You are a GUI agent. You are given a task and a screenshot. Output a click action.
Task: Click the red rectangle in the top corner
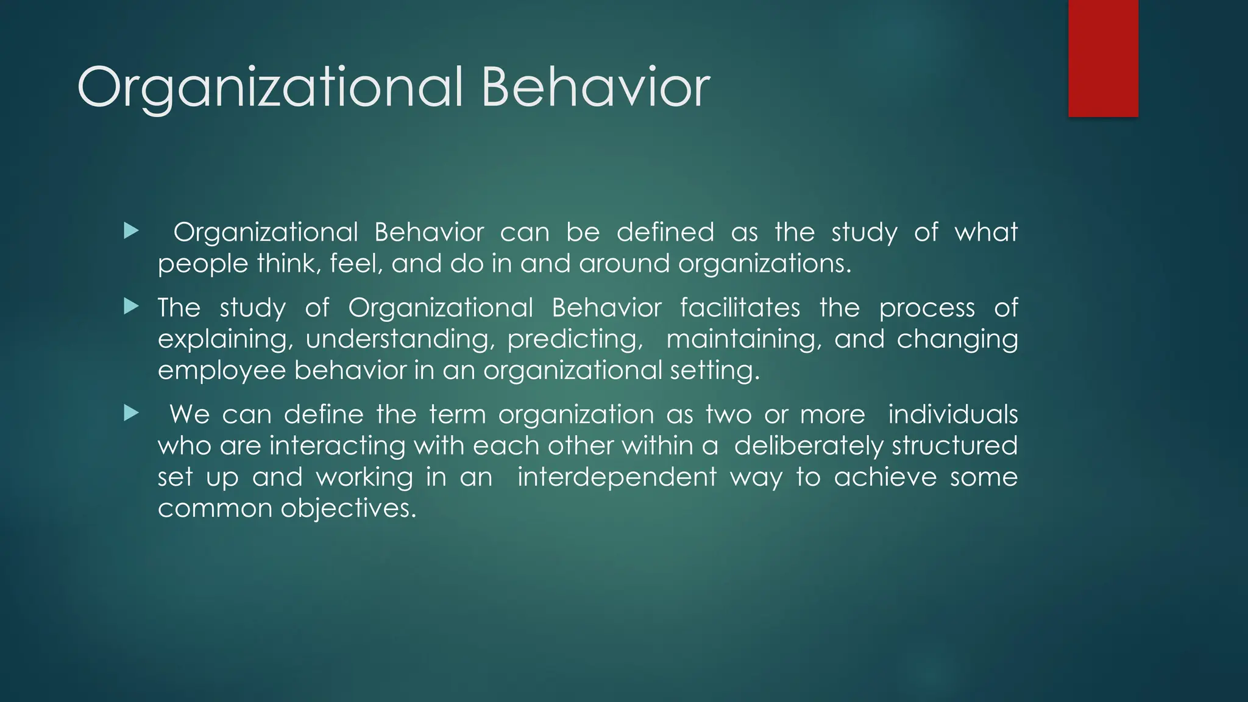click(x=1103, y=58)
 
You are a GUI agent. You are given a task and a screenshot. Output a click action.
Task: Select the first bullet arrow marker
click(x=131, y=231)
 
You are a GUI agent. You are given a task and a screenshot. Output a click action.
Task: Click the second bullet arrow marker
click(x=131, y=306)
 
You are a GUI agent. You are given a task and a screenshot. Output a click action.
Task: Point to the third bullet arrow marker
click(x=131, y=413)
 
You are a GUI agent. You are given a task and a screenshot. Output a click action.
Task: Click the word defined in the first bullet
click(x=665, y=232)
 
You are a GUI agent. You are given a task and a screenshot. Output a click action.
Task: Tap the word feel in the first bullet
click(x=355, y=263)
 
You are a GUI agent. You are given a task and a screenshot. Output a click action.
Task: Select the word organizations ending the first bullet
click(x=764, y=264)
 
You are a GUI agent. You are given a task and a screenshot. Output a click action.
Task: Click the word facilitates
click(x=740, y=307)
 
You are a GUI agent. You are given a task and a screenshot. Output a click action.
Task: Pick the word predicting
click(x=575, y=339)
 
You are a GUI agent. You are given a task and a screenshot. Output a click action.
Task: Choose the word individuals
click(x=952, y=414)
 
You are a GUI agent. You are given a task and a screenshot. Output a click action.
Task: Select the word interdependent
click(x=617, y=477)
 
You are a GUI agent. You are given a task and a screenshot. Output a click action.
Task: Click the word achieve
click(x=885, y=477)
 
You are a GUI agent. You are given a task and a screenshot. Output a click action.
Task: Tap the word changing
click(x=957, y=339)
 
